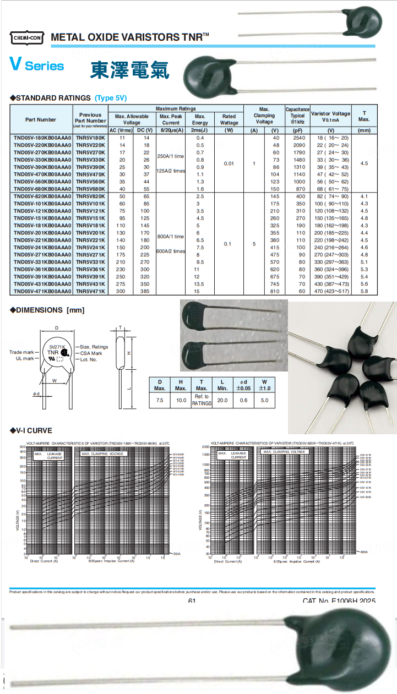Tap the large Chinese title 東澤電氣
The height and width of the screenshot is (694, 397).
click(x=129, y=69)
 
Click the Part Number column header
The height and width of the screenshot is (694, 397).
click(x=41, y=119)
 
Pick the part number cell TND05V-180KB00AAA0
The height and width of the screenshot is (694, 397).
click(x=42, y=138)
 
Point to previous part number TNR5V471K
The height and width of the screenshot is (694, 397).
click(x=90, y=291)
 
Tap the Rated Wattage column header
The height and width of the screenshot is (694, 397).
click(x=229, y=119)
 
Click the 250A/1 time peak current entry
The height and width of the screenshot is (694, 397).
click(x=171, y=156)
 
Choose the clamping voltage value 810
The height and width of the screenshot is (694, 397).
click(x=275, y=291)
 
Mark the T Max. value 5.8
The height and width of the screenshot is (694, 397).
click(x=364, y=291)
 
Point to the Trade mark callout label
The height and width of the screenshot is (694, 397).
click(x=21, y=352)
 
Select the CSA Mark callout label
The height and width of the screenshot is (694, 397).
click(x=91, y=353)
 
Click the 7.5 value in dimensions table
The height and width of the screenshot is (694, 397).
click(x=160, y=400)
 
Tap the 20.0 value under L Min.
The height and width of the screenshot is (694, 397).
click(x=222, y=400)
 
